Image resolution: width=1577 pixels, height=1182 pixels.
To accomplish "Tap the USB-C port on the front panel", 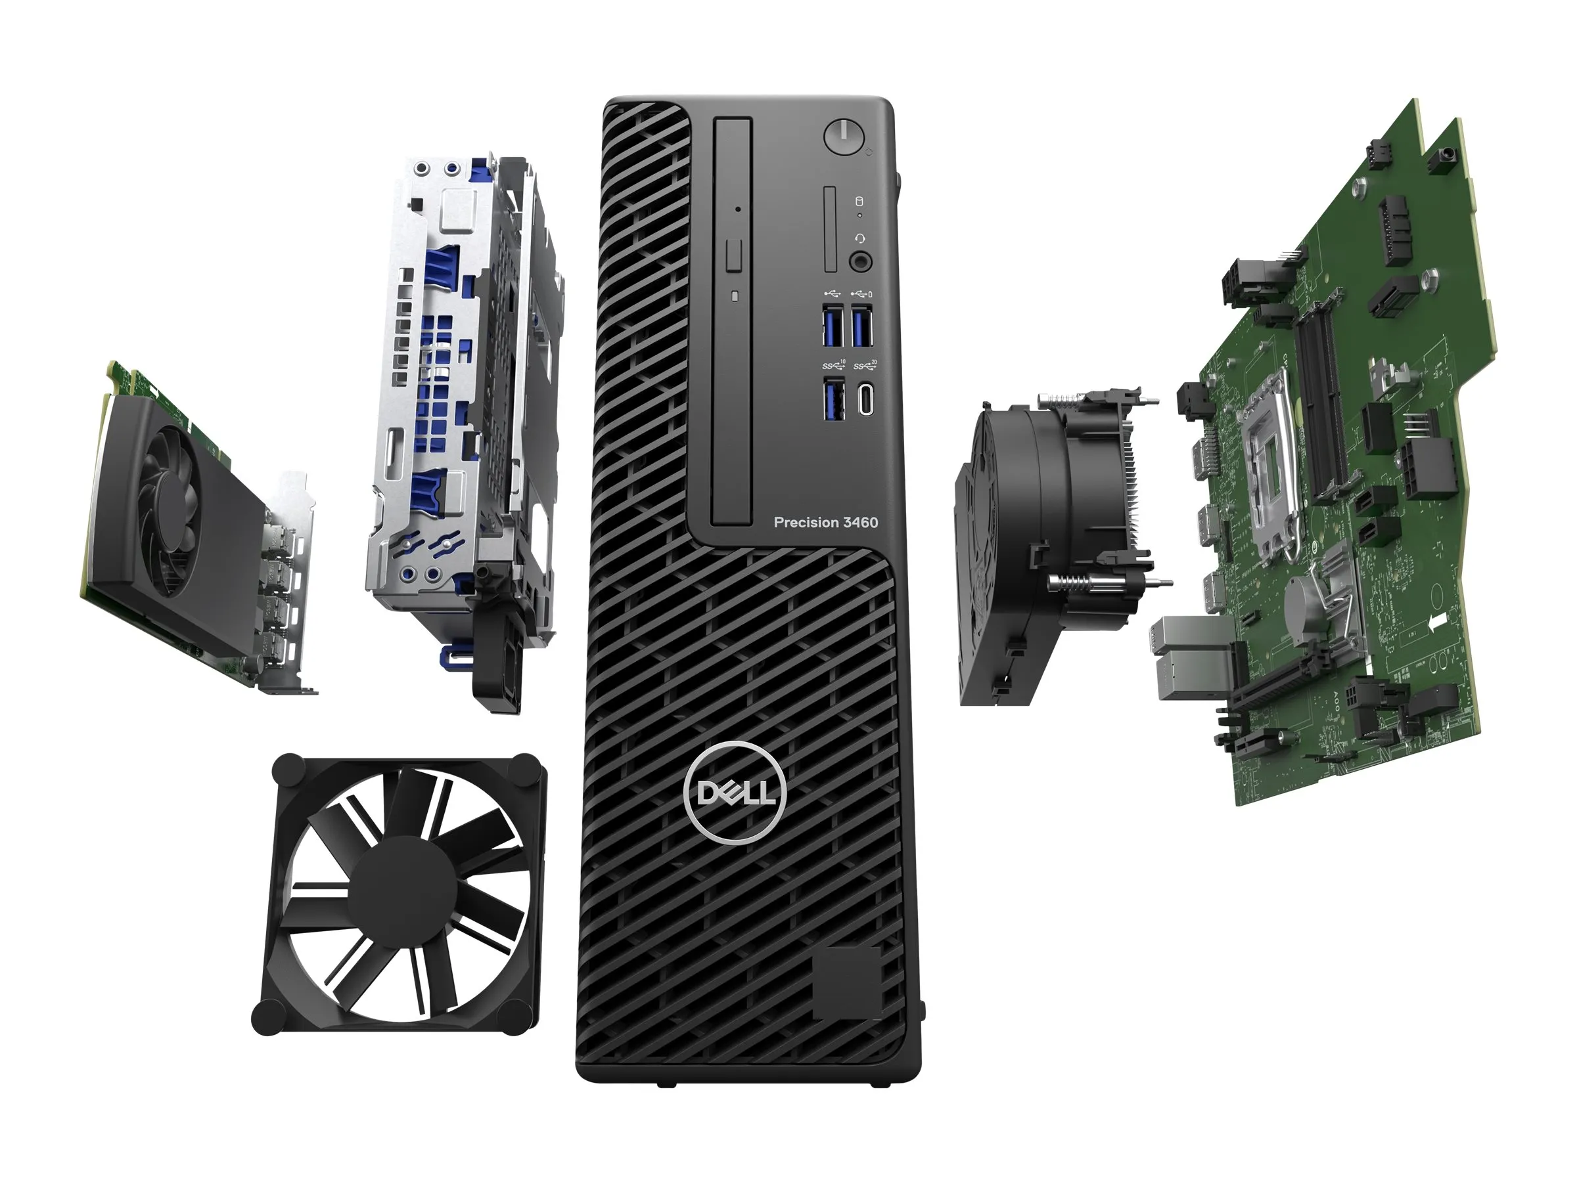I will pyautogui.click(x=865, y=400).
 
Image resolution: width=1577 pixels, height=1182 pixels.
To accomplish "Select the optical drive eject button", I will pyautogui.click(x=733, y=255).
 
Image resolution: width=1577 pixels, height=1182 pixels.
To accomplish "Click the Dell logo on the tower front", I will pyautogui.click(x=735, y=793).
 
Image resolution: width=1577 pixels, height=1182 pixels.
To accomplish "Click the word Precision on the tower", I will pyautogui.click(x=806, y=522).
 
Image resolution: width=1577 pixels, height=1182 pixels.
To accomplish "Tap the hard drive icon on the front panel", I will pyautogui.click(x=859, y=201).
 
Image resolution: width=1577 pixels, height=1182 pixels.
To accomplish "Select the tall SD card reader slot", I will pyautogui.click(x=830, y=229).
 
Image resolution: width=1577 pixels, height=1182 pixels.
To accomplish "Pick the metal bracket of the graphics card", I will pyautogui.click(x=292, y=577).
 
